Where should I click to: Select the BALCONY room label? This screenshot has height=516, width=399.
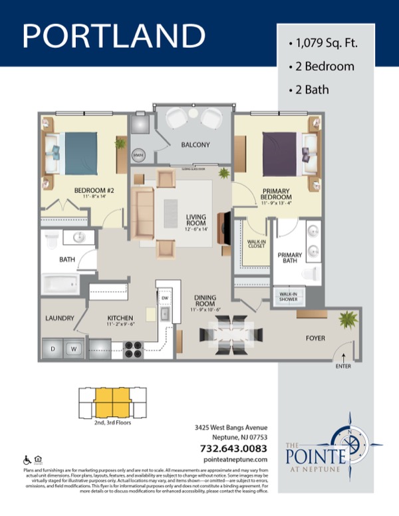pos(195,145)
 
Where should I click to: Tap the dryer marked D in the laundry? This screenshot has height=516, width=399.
pos(53,347)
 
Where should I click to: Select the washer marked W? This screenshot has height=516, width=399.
pos(75,347)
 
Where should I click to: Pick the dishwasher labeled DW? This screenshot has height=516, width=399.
pos(164,299)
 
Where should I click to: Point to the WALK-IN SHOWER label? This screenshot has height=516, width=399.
pos(287,297)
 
